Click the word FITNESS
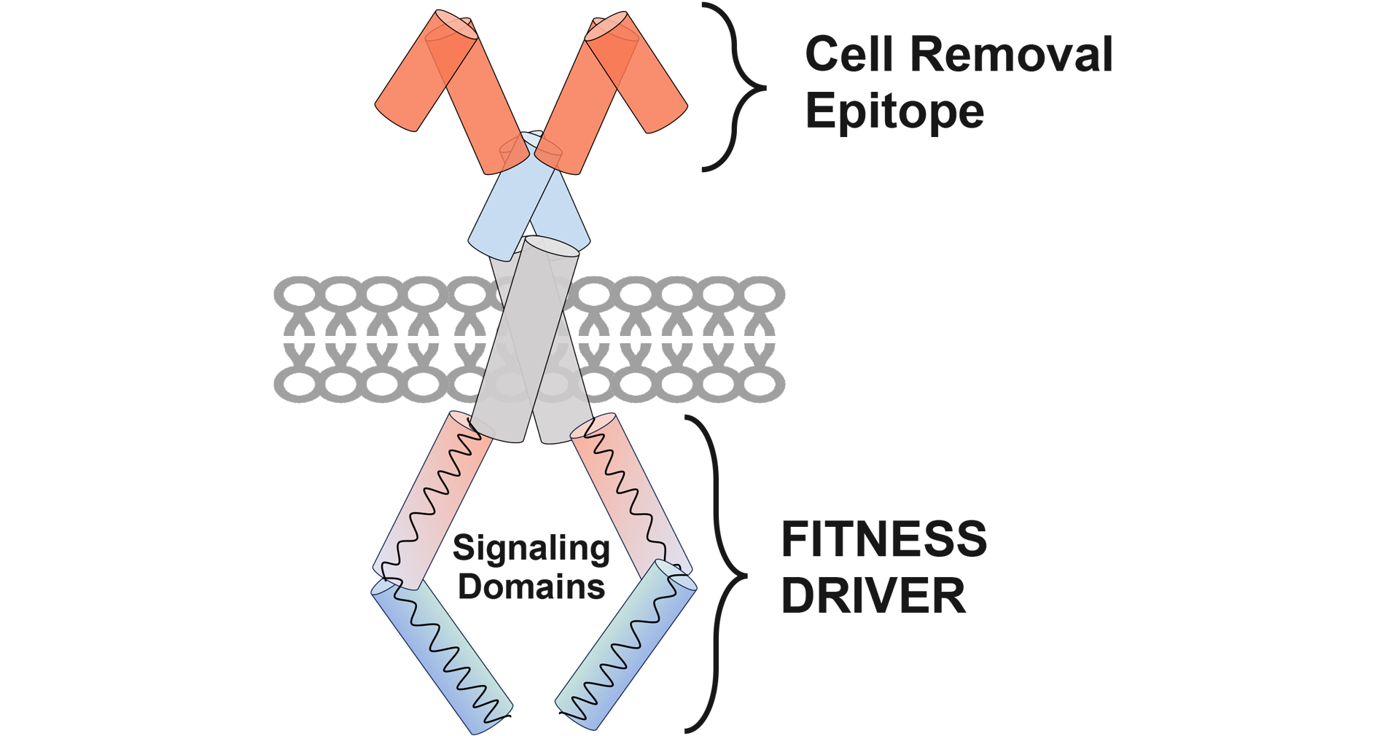click(883, 539)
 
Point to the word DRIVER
click(873, 595)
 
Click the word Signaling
click(531, 549)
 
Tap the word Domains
click(531, 587)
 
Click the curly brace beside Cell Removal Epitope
click(736, 87)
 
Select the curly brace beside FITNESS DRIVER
click(718, 574)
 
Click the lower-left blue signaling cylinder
click(441, 656)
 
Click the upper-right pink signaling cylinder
click(631, 496)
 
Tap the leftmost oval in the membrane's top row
click(295, 294)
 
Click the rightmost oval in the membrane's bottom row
click(763, 383)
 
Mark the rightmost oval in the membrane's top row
click(763, 294)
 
